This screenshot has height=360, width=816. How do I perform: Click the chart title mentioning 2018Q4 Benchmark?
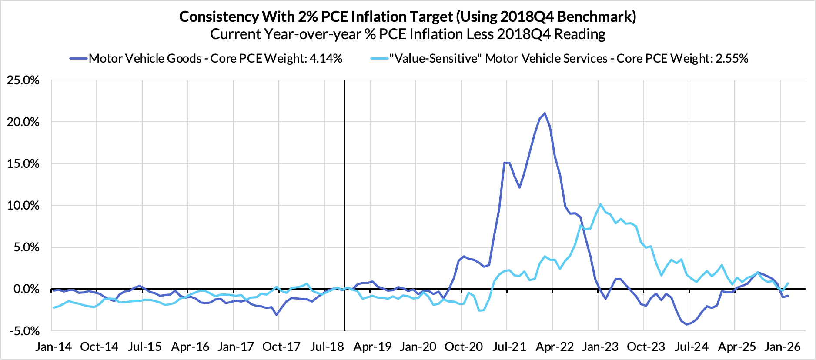pos(408,17)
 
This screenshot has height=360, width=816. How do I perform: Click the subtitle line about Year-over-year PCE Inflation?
pos(408,34)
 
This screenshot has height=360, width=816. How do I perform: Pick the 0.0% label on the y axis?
pos(26,289)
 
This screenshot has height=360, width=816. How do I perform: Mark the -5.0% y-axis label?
pos(24,331)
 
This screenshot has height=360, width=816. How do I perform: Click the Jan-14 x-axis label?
pos(54,347)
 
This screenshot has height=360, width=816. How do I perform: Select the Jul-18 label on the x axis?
pos(327,347)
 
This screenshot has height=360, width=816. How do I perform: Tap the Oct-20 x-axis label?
pos(464,347)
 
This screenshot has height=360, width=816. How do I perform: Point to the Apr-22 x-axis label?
pos(555,347)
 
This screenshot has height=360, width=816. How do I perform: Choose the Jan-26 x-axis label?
pos(782,347)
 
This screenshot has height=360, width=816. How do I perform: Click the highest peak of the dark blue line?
pos(545,113)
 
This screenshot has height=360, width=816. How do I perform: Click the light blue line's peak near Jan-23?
pos(600,204)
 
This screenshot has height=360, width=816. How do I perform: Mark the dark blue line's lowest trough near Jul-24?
pos(687,324)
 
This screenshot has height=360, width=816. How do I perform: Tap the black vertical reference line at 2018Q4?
pos(344,196)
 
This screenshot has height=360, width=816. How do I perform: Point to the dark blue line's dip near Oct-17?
pos(277,314)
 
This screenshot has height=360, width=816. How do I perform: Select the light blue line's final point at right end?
pos(788,283)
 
